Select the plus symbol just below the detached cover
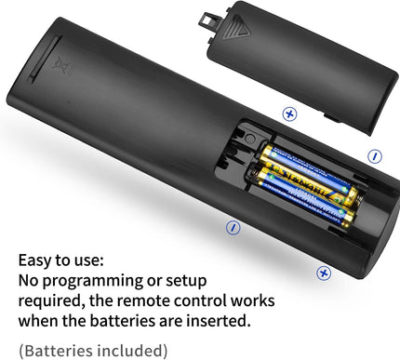click(x=289, y=113)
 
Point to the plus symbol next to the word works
click(x=324, y=273)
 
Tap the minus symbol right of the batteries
click(x=375, y=156)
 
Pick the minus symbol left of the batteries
click(x=233, y=226)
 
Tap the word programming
click(x=101, y=280)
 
